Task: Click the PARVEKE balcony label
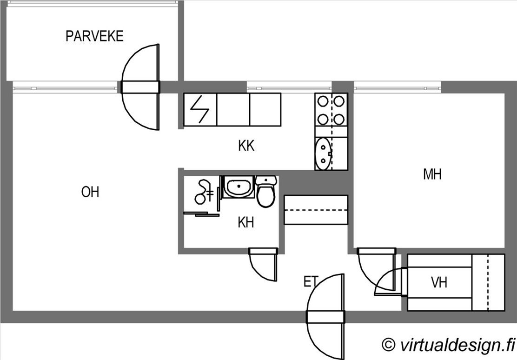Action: tap(94, 36)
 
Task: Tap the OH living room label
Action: tap(90, 192)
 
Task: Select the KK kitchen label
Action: tap(246, 146)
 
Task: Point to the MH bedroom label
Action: tap(432, 174)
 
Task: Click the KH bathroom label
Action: tap(246, 223)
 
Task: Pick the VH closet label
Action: tap(439, 282)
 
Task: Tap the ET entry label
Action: tap(311, 282)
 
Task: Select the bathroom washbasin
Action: tap(239, 187)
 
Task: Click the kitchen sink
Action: tap(323, 154)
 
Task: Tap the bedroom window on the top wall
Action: tap(397, 87)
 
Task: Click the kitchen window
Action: tap(289, 87)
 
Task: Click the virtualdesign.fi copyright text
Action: tap(448, 345)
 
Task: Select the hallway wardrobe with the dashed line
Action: tap(316, 210)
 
